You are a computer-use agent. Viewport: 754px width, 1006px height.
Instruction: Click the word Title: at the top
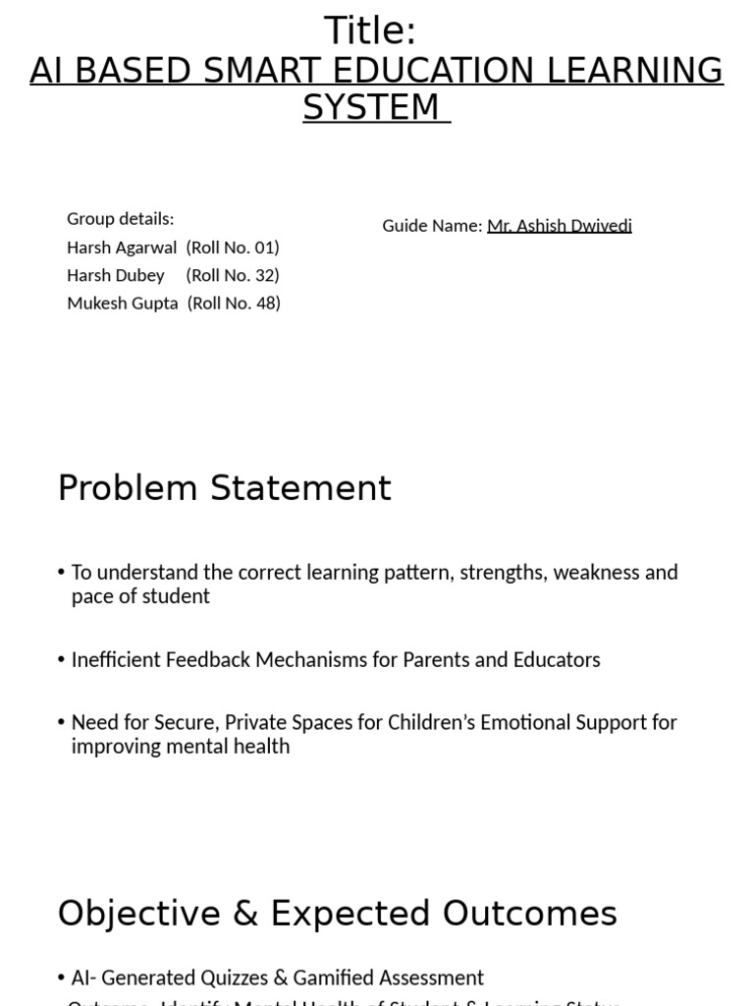370,31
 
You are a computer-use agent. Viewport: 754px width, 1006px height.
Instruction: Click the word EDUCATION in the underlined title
455,72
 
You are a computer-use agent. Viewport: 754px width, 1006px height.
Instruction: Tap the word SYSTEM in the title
371,107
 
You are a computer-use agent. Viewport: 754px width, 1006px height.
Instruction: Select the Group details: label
120,218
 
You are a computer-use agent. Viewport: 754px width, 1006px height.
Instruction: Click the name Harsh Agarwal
122,247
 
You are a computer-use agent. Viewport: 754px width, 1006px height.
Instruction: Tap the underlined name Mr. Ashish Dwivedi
560,226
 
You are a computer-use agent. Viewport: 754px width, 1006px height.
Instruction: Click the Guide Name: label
432,226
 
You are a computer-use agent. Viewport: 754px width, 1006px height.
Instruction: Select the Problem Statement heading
224,488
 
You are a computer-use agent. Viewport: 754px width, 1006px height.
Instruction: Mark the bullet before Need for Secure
61,723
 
